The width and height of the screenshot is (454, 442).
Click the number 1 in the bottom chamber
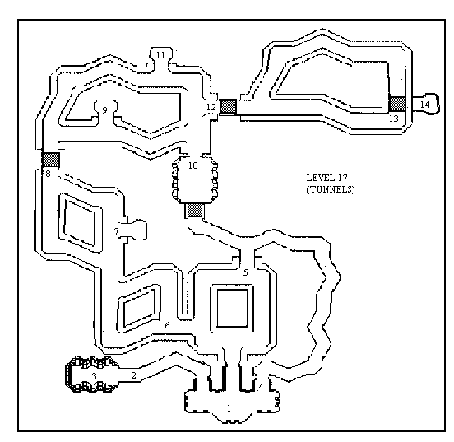tap(229, 408)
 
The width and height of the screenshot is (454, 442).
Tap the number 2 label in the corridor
tap(133, 375)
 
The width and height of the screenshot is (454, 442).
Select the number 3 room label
tap(94, 376)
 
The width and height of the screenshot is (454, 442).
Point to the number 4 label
tap(262, 387)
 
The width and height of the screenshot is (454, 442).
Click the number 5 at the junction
tap(246, 272)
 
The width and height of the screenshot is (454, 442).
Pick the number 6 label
tap(167, 325)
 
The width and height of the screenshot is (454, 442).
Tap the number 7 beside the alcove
tap(117, 231)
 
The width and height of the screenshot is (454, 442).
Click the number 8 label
tap(48, 174)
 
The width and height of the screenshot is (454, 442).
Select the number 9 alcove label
tap(104, 110)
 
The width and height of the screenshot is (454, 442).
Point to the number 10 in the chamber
tap(192, 165)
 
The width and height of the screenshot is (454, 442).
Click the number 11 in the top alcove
tap(160, 55)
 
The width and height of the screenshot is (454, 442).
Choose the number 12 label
tap(211, 107)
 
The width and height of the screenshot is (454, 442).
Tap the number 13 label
tap(394, 119)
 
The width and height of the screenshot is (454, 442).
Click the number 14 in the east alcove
tap(424, 105)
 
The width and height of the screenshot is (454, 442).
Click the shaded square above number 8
tap(51, 160)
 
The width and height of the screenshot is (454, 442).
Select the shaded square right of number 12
tap(229, 106)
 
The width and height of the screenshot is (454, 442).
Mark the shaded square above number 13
tap(397, 104)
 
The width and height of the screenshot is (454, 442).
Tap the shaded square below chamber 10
tap(195, 211)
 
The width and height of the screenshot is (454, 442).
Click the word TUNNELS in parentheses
tap(331, 189)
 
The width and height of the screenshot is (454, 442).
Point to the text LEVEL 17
tap(327, 178)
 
